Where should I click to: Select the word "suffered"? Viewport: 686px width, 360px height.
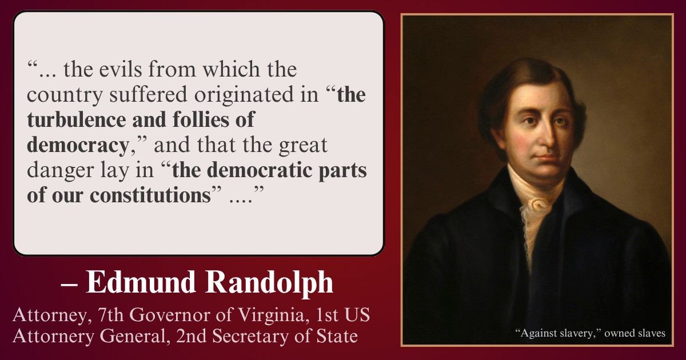(148, 94)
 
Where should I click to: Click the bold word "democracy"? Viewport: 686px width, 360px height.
(78, 145)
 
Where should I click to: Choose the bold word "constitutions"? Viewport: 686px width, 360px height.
(150, 195)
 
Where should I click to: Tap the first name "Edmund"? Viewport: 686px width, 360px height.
(141, 282)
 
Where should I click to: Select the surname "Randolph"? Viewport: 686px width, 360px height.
(269, 282)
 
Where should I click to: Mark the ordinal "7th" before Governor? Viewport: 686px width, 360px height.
(110, 315)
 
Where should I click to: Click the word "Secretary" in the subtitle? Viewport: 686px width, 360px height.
(250, 336)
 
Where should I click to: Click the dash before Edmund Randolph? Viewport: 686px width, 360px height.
(69, 285)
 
